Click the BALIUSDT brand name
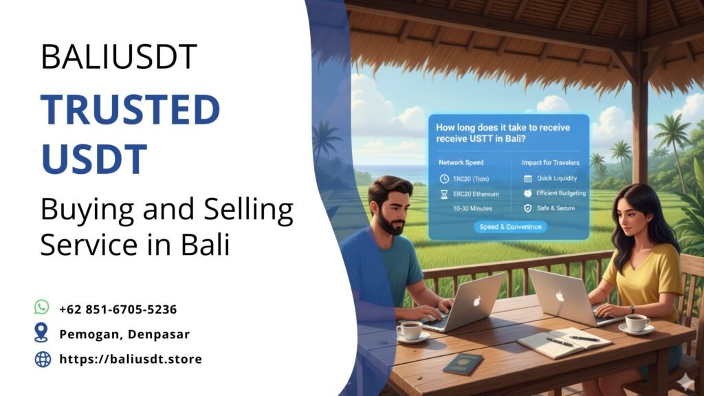tap(119, 57)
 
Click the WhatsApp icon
tap(42, 307)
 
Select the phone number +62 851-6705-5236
tap(118, 309)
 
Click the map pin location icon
tap(42, 333)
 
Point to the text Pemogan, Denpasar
tap(124, 335)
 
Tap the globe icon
tap(43, 358)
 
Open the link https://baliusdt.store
tap(131, 359)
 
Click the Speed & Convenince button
tap(510, 227)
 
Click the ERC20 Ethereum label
tap(476, 194)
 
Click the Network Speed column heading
tap(461, 163)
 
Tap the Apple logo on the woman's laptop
tap(560, 296)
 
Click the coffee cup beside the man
tap(411, 331)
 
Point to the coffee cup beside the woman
tap(637, 322)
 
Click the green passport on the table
tap(463, 363)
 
